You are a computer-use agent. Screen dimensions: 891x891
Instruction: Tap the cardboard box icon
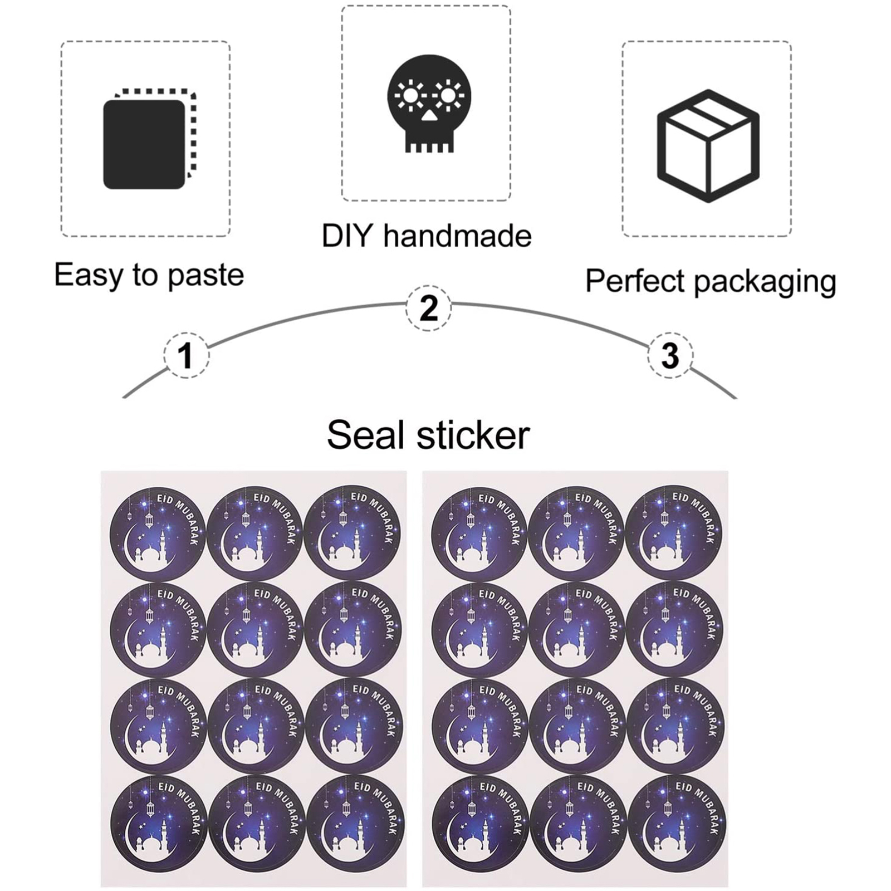(708, 146)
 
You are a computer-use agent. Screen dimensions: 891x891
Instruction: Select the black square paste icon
(144, 144)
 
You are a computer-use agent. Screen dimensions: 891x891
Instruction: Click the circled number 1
(186, 355)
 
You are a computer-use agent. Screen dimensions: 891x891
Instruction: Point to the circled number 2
(428, 307)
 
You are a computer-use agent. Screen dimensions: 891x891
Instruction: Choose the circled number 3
(670, 355)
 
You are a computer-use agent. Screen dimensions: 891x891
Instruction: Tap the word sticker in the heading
(473, 435)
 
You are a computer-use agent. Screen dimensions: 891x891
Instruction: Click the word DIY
(346, 236)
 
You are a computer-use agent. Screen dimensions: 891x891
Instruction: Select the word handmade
(457, 236)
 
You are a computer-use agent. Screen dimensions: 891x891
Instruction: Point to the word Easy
(89, 275)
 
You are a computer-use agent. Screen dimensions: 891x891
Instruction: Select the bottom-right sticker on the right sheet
(677, 824)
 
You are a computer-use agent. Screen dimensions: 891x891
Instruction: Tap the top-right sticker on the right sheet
(674, 533)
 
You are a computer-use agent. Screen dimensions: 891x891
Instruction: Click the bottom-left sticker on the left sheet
(158, 824)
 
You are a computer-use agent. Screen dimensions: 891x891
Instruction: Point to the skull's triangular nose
(429, 116)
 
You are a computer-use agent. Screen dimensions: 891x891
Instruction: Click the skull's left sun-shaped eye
(410, 96)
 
